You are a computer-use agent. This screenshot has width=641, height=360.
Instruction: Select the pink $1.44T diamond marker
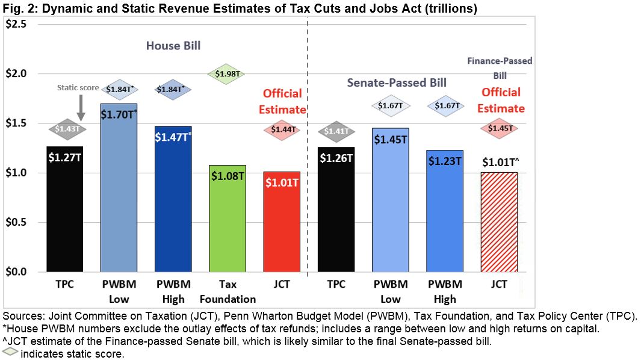pos(282,129)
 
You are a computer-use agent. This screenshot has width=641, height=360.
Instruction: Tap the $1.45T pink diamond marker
pos(500,128)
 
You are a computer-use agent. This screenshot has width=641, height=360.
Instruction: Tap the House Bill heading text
pos(173,46)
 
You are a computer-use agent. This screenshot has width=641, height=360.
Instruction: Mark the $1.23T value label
pos(444,161)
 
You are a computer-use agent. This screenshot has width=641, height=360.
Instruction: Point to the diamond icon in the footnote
pos(10,353)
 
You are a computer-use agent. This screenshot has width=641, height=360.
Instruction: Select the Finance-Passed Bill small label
pos(500,68)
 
